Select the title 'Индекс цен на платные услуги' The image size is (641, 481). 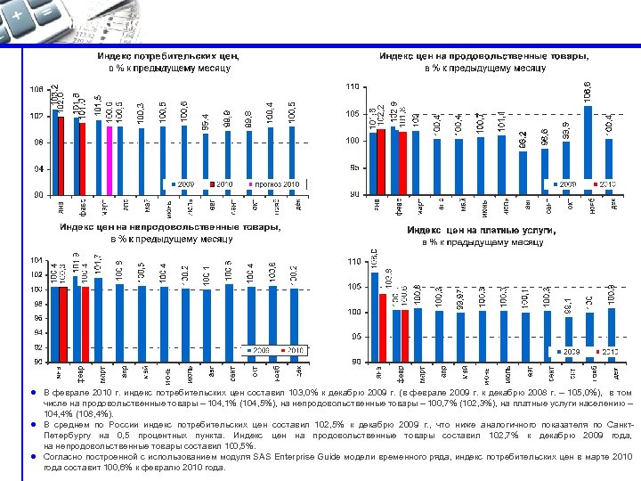pyautogui.click(x=482, y=230)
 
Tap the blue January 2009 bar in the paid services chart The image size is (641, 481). pyautogui.click(x=375, y=316)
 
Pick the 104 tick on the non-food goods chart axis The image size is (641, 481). pyautogui.click(x=35, y=260)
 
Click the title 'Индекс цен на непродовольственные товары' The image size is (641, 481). pyautogui.click(x=170, y=227)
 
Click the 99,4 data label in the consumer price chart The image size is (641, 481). pyautogui.click(x=206, y=118)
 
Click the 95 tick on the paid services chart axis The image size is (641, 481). pyautogui.click(x=353, y=337)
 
